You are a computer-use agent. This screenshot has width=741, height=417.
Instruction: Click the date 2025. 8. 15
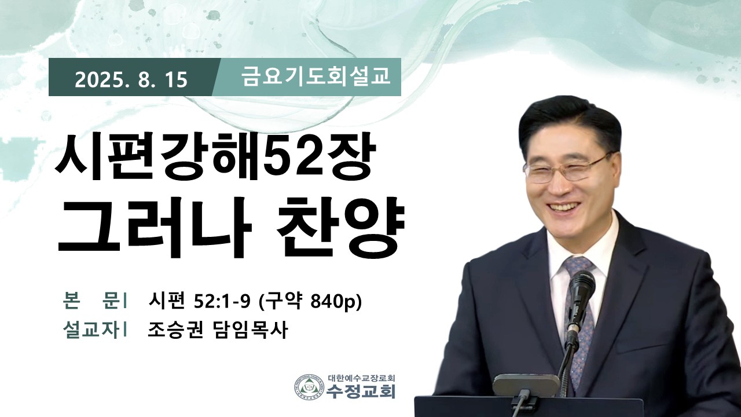(131, 80)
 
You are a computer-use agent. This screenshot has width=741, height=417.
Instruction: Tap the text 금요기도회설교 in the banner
(316, 76)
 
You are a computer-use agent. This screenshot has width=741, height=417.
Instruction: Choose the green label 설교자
(91, 330)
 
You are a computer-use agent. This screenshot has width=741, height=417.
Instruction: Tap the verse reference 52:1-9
(222, 302)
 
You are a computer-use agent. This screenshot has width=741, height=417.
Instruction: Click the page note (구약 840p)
(309, 302)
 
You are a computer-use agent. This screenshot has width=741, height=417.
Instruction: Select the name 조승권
(175, 330)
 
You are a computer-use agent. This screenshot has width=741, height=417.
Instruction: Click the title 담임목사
(249, 330)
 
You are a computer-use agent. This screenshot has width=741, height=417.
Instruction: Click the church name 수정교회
(361, 391)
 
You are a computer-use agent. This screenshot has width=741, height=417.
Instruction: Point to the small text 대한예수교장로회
(362, 377)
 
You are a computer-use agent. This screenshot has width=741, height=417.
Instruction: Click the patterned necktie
(579, 318)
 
